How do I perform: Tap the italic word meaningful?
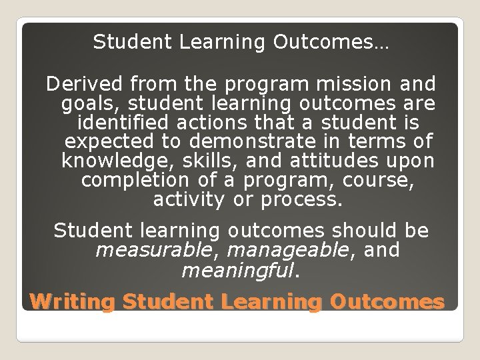click(237, 270)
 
